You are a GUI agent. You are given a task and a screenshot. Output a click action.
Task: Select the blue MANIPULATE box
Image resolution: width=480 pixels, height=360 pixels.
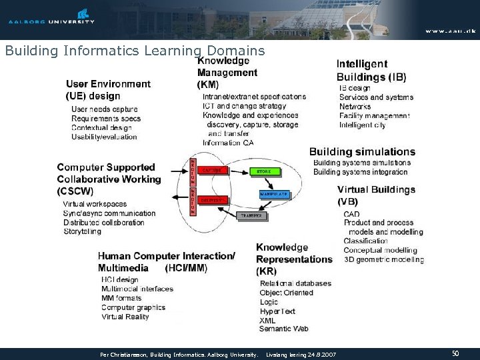(x=273, y=194)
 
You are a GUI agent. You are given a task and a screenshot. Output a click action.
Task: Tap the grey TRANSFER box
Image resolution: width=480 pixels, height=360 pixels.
(x=251, y=216)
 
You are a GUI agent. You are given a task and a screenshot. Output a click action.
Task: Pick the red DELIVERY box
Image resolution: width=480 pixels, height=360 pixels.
(x=211, y=198)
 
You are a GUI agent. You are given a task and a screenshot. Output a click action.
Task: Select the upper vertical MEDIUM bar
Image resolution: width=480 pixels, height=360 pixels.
(x=193, y=172)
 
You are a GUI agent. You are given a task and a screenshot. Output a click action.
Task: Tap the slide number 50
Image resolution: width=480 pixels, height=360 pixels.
(x=455, y=353)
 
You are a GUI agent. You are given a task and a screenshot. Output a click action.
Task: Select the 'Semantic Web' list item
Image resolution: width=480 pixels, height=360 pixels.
(x=283, y=329)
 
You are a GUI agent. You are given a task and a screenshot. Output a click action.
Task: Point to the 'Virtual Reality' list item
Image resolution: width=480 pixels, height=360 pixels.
(x=125, y=317)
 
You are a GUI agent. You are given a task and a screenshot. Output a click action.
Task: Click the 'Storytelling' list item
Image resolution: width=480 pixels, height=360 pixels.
(x=82, y=231)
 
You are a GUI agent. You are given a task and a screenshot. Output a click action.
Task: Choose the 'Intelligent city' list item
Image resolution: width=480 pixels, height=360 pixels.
(x=362, y=125)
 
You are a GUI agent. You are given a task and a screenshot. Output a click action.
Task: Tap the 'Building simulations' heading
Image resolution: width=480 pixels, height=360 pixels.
(x=371, y=151)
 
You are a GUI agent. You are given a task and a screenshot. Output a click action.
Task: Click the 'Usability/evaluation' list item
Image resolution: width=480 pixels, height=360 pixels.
(x=104, y=137)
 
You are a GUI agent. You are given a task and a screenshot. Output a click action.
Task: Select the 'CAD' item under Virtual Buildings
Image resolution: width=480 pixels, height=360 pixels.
(x=351, y=214)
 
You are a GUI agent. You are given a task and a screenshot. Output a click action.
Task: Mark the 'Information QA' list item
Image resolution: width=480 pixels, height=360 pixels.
(x=228, y=143)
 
